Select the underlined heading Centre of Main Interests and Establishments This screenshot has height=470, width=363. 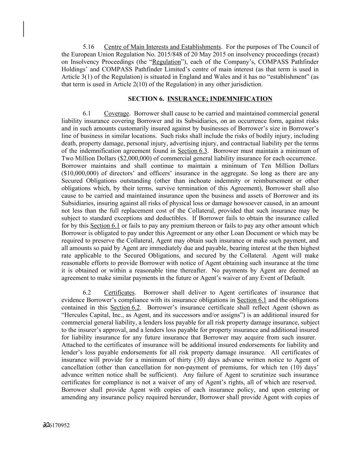pyautogui.click(x=162, y=47)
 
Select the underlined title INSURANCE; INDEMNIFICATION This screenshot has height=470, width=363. pyautogui.click(x=220, y=99)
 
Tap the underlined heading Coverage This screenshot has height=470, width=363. pyautogui.click(x=117, y=114)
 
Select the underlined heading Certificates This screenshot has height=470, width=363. pyautogui.click(x=119, y=293)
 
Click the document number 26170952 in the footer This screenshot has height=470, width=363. pyautogui.click(x=58, y=425)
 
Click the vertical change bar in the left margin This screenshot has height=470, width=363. pyautogui.click(x=23, y=29)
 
